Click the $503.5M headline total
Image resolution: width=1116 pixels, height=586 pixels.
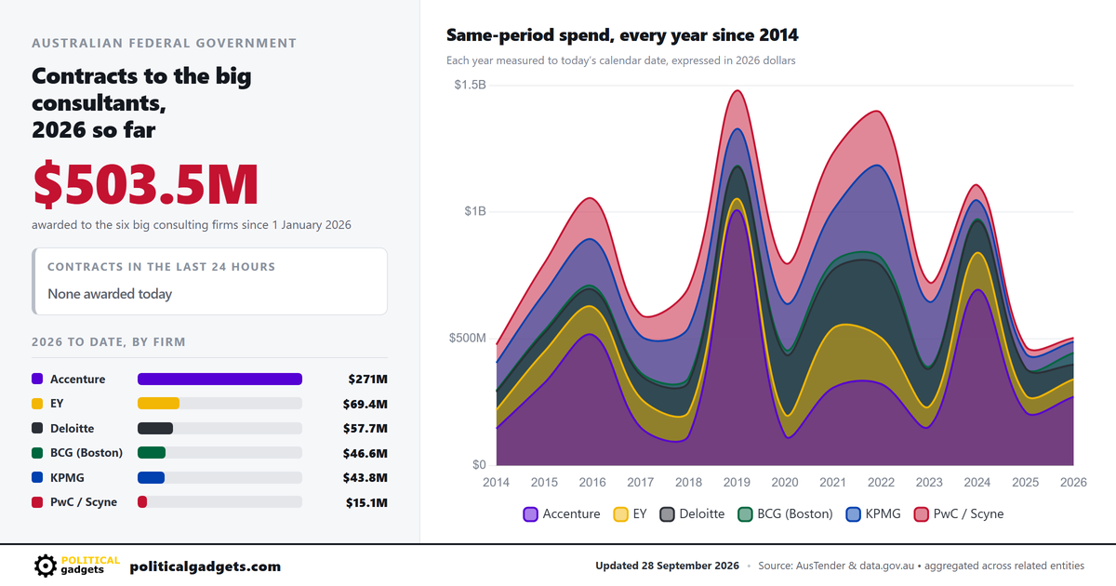(145, 184)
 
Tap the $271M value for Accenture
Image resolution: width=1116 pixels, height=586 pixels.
(367, 380)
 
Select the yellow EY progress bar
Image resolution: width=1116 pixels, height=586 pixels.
(158, 403)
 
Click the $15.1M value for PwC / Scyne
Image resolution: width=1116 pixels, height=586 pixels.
(366, 502)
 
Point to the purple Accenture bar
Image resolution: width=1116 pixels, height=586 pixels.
(219, 379)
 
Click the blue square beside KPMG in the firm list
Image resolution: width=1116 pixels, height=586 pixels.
(37, 477)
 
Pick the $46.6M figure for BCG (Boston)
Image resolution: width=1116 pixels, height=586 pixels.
(365, 453)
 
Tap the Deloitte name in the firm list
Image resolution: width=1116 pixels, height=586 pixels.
(73, 428)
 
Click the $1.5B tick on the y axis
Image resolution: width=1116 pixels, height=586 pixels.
(470, 85)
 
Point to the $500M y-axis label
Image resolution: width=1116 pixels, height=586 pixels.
(467, 338)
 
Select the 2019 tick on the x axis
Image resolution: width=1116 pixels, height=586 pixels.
(737, 482)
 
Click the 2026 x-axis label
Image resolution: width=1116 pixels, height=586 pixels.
(1073, 482)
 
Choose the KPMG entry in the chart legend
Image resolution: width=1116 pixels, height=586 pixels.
(874, 513)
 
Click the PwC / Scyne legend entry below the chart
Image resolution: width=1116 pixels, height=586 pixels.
(959, 513)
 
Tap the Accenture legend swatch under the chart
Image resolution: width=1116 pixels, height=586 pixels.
(531, 514)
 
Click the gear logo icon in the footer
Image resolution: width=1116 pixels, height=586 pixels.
(46, 566)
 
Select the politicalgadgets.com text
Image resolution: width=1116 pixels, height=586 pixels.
(206, 566)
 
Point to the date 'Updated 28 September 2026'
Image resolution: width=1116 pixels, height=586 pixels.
(667, 566)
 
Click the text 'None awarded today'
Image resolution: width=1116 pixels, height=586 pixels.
(110, 294)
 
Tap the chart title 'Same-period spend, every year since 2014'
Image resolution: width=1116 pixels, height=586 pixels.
(622, 35)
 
